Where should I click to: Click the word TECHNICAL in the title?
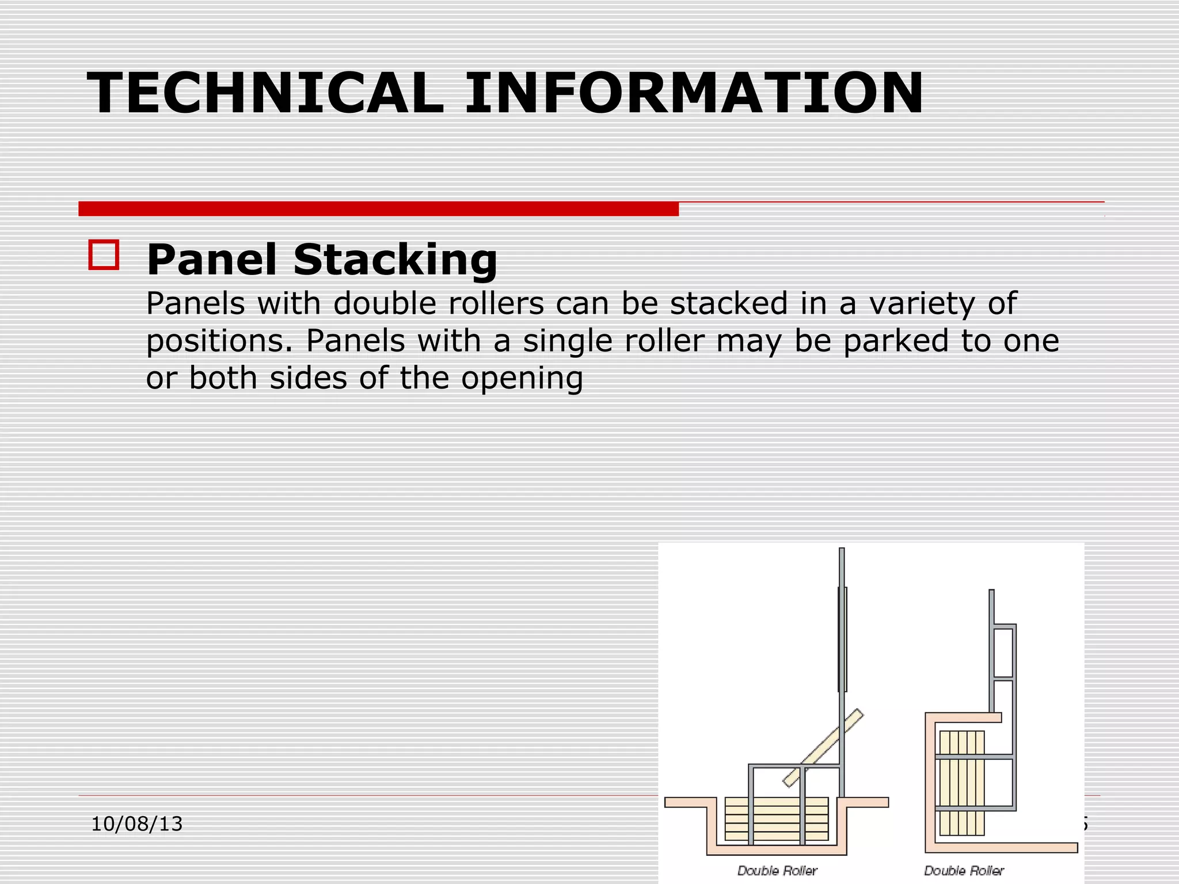265,93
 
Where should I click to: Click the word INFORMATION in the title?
694,93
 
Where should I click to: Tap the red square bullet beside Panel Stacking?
104,255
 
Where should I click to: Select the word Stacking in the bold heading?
395,260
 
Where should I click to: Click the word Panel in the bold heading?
212,260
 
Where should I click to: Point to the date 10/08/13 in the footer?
137,824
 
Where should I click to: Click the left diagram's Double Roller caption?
777,871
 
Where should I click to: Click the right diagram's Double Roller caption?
964,871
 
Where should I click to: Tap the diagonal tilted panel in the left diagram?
823,748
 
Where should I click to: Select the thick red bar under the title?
378,209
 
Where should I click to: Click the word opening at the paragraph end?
522,379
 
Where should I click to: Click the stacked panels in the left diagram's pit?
776,820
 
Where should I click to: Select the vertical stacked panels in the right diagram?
961,783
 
